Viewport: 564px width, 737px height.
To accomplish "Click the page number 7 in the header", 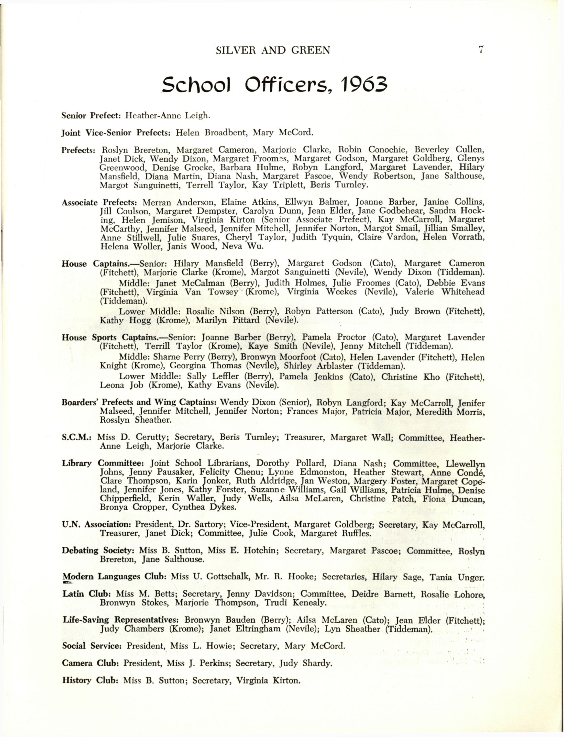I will coord(481,50).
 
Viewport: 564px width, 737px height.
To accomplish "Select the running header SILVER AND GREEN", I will coord(273,50).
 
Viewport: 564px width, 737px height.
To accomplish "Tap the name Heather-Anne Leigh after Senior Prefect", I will coord(168,116).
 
